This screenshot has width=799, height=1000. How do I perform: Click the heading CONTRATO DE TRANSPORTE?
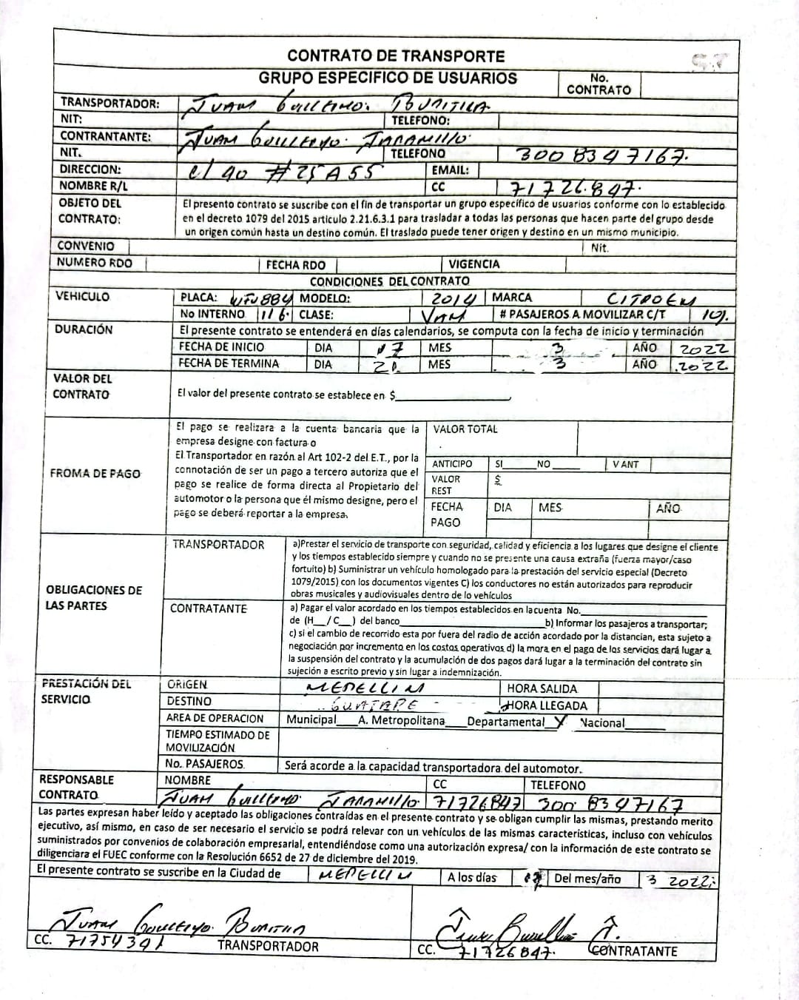tap(396, 56)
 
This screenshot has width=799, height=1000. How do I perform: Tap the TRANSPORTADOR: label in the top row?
tap(109, 103)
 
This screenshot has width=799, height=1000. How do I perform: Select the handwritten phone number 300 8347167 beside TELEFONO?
tap(603, 155)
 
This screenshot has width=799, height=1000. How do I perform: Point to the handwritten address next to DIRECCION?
tap(285, 171)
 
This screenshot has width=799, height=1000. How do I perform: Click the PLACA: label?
tap(199, 298)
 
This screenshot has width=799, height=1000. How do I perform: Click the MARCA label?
tap(512, 297)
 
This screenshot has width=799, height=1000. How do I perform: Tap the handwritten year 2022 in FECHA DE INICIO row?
tap(703, 349)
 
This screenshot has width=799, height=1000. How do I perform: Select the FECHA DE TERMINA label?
tap(229, 363)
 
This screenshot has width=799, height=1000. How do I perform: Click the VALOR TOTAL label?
tap(465, 429)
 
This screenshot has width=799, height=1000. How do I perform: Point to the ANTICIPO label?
tap(452, 464)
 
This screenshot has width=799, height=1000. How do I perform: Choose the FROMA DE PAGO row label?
tap(95, 474)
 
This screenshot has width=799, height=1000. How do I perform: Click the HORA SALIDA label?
tap(542, 688)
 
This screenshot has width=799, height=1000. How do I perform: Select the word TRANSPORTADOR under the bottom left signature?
tap(268, 945)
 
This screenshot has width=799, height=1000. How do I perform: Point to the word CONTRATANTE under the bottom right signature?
tap(636, 950)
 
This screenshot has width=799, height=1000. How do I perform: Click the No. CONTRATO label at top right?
tap(599, 84)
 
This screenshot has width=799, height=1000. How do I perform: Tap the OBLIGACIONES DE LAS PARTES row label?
tap(94, 597)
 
